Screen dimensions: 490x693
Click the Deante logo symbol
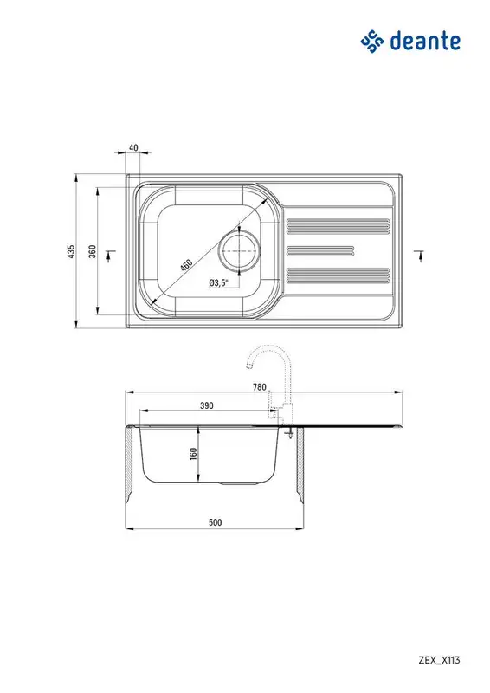click(372, 42)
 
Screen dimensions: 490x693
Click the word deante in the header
click(425, 41)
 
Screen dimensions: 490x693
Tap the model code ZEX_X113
click(439, 660)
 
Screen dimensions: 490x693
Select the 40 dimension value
click(133, 147)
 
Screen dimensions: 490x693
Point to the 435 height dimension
click(72, 251)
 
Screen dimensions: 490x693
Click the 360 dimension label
click(92, 251)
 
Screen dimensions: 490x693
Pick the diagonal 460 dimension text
click(186, 265)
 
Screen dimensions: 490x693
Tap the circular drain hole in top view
click(239, 250)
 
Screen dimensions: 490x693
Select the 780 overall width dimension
click(260, 387)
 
